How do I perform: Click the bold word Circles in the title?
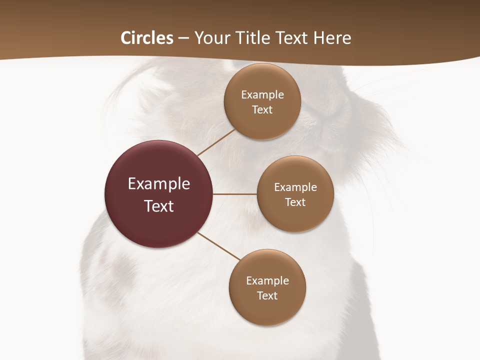pos(146,38)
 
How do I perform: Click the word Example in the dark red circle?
pos(159,184)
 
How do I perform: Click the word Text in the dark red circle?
pos(159,206)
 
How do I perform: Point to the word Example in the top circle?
pos(262,94)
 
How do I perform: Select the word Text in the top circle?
pos(262,109)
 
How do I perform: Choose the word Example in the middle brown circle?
pos(295,187)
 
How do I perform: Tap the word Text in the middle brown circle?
pos(295,202)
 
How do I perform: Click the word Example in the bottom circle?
pos(267,280)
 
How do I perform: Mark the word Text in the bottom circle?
pos(267,295)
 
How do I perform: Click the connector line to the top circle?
pos(216,142)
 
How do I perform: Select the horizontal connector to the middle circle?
pos(235,194)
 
